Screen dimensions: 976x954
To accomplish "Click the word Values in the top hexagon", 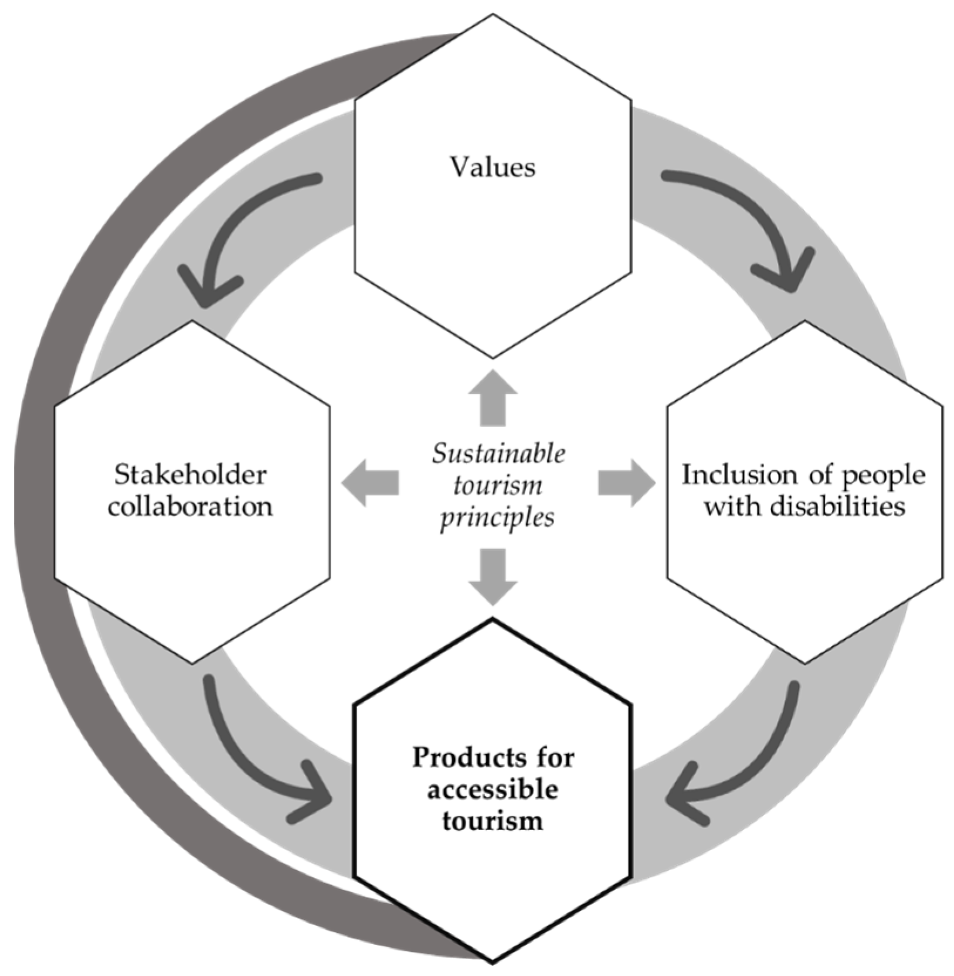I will (492, 168).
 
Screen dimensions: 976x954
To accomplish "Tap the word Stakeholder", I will (190, 475).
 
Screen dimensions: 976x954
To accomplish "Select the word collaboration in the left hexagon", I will (190, 507).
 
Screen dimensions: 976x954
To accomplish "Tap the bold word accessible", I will (492, 790).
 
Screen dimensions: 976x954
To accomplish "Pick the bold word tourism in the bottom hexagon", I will (492, 821).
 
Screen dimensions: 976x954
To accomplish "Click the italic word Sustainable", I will (498, 454).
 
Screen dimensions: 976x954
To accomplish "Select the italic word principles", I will (497, 518).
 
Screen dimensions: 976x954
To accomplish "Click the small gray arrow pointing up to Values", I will (493, 398).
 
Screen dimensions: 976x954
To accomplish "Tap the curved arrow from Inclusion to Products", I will (756, 762).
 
